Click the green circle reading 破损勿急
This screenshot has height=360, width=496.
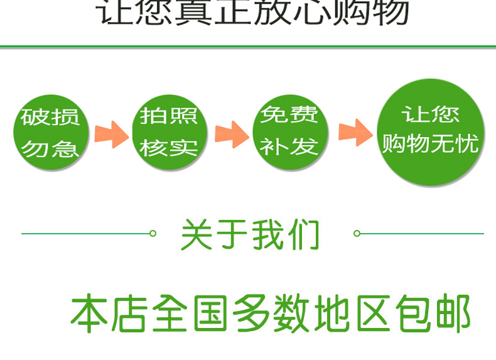[x=50, y=132]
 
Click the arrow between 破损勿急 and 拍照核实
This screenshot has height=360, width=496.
[x=111, y=134]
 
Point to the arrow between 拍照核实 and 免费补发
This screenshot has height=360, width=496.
[x=231, y=134]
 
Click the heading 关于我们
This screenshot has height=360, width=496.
[x=250, y=234]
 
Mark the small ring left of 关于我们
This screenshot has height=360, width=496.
[x=153, y=234]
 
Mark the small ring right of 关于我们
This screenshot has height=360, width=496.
[x=357, y=234]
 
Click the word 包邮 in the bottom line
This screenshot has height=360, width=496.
[x=434, y=314]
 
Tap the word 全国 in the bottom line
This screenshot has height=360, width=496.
[x=191, y=314]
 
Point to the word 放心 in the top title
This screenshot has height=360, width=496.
[x=293, y=13]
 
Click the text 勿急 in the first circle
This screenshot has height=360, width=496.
[x=50, y=149]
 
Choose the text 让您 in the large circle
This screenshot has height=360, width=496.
[x=431, y=115]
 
